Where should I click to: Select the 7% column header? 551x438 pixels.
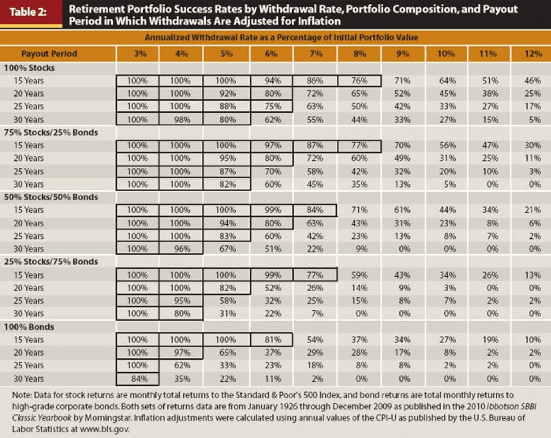[x=316, y=53]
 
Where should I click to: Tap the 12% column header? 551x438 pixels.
[x=531, y=53]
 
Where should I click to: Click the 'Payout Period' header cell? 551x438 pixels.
[x=49, y=53]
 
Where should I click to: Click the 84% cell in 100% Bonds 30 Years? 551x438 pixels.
[x=138, y=378]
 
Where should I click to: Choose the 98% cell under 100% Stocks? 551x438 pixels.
[x=180, y=119]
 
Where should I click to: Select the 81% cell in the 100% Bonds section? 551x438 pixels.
[x=271, y=340]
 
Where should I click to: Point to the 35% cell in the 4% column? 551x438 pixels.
[x=180, y=378]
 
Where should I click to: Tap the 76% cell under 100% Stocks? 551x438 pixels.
[x=358, y=81]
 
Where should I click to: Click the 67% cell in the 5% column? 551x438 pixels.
[x=226, y=249]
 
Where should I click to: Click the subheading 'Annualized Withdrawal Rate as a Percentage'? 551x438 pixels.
[x=275, y=39]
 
